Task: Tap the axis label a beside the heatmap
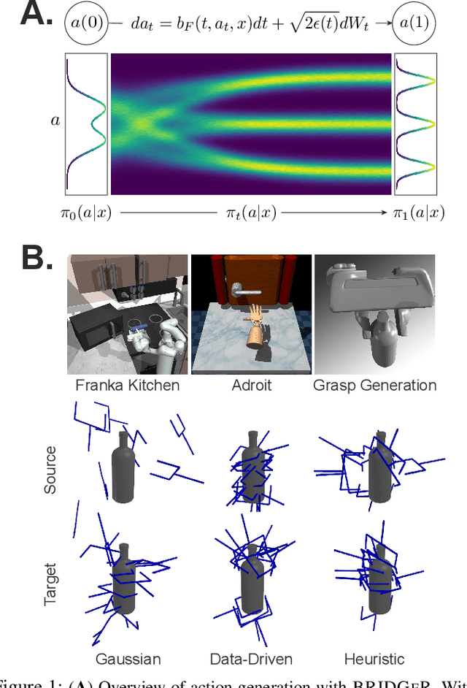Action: click(x=55, y=119)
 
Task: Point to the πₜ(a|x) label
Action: click(x=252, y=213)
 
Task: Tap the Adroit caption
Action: click(x=250, y=385)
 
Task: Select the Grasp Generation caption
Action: click(x=374, y=385)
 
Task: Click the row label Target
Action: click(x=50, y=584)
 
